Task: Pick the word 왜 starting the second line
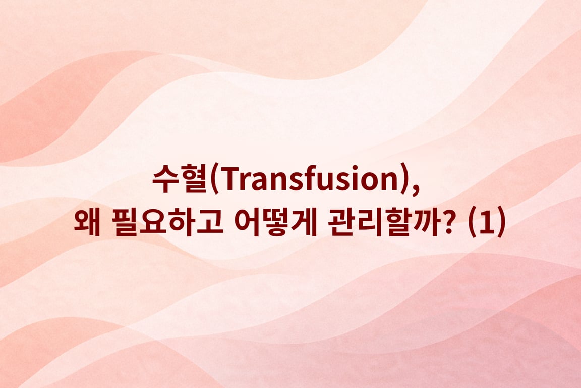click(86, 224)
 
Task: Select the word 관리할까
click(378, 224)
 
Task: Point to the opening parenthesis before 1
click(472, 224)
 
